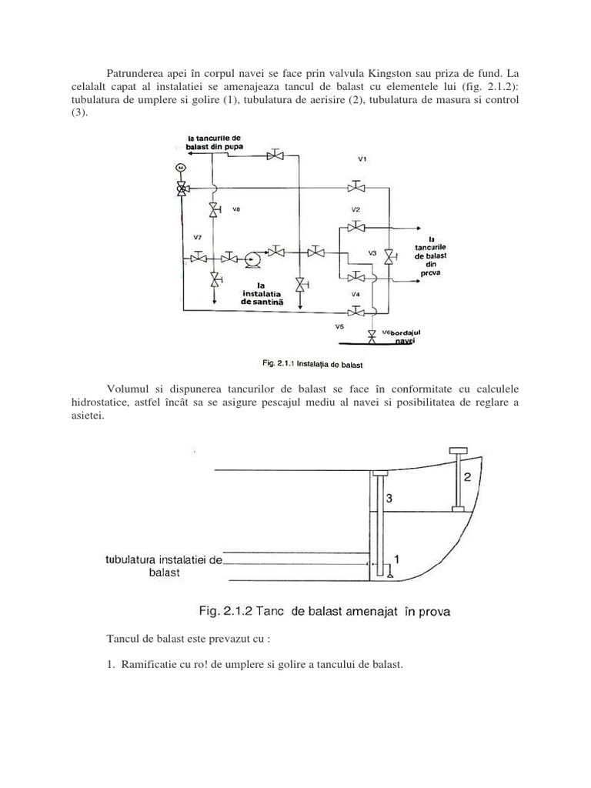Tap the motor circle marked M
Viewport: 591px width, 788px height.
pyautogui.click(x=180, y=167)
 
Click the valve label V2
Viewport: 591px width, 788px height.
pyautogui.click(x=356, y=209)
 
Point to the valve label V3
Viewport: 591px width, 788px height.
pyautogui.click(x=372, y=252)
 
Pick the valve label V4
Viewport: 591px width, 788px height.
pyautogui.click(x=355, y=294)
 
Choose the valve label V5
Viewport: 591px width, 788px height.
pyautogui.click(x=339, y=326)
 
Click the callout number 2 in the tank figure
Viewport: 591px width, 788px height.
pyautogui.click(x=467, y=477)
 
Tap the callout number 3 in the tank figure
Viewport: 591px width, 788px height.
pyautogui.click(x=389, y=499)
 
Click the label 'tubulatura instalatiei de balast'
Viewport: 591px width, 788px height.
pyautogui.click(x=162, y=567)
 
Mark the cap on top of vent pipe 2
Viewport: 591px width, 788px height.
pyautogui.click(x=459, y=450)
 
